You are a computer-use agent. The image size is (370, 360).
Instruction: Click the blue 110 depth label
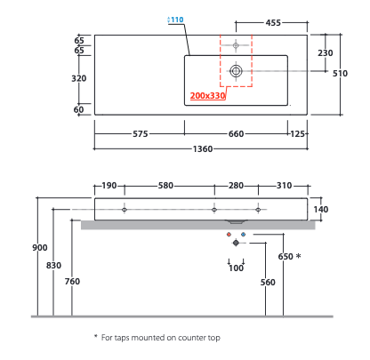click(177, 20)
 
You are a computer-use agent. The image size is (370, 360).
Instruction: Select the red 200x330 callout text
click(207, 96)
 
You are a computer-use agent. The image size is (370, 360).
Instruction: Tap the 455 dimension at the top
click(273, 23)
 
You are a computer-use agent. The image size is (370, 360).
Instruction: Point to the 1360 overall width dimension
click(203, 148)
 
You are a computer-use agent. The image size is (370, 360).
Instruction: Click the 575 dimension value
click(141, 134)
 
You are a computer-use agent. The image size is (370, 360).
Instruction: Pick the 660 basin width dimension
click(236, 134)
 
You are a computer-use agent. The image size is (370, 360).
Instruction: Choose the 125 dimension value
click(297, 134)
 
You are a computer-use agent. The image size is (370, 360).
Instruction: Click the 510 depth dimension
click(340, 73)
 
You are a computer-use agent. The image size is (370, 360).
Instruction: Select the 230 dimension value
click(326, 53)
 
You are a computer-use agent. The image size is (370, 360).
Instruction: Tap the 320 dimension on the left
click(79, 78)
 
